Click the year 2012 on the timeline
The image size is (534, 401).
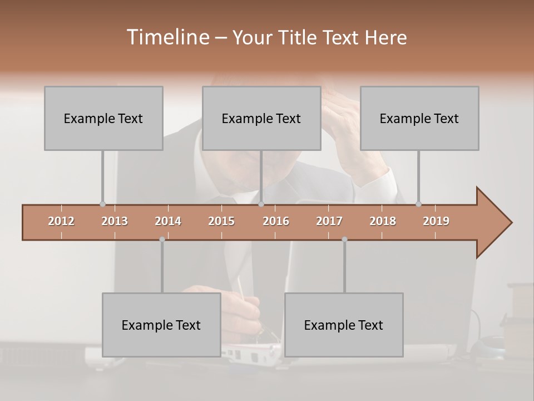tap(61, 221)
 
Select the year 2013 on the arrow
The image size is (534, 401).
tap(115, 221)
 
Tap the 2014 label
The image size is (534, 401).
tap(168, 221)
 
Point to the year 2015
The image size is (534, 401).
tap(221, 221)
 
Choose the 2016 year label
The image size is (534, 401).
tap(276, 221)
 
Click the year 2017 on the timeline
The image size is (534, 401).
tap(329, 221)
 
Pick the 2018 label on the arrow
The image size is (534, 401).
tap(383, 221)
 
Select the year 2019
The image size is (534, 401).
tap(436, 221)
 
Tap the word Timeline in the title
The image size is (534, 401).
tap(166, 37)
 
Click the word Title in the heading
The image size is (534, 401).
tap(299, 37)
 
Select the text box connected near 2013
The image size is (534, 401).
tap(103, 118)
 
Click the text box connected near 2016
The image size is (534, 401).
tap(261, 118)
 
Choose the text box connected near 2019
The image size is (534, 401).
tap(419, 118)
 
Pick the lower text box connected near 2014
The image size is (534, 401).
tap(161, 325)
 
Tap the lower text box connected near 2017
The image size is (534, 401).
tap(344, 325)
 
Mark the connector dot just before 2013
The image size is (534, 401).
tap(102, 204)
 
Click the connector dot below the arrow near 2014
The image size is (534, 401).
tap(162, 239)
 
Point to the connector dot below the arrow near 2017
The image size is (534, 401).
tap(344, 239)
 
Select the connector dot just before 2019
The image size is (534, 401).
tap(418, 204)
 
